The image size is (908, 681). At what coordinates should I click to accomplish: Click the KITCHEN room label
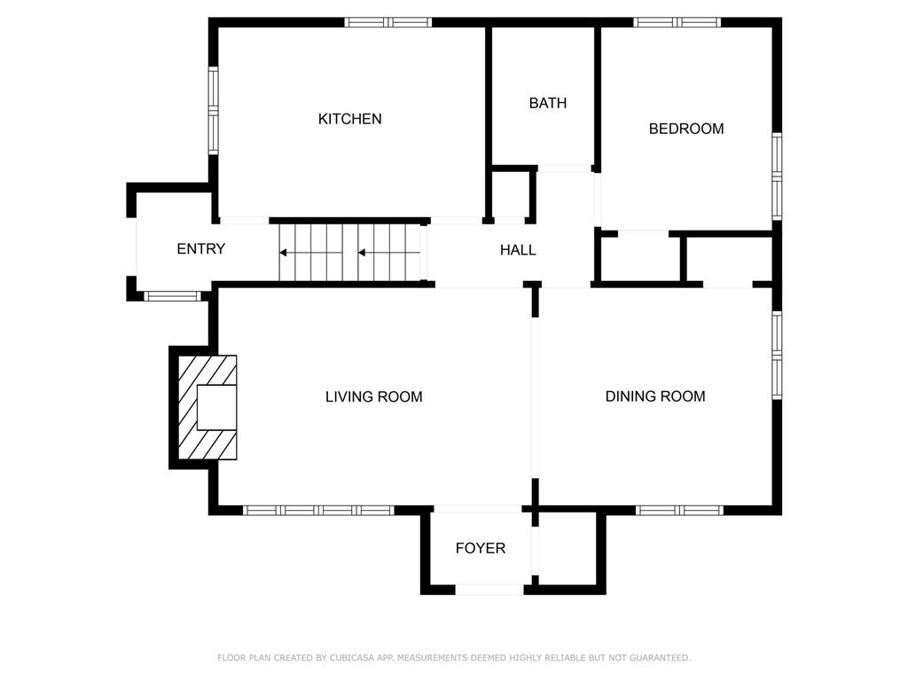click(x=349, y=119)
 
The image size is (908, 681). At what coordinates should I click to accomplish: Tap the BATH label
click(x=547, y=103)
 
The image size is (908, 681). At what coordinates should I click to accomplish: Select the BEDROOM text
click(x=685, y=129)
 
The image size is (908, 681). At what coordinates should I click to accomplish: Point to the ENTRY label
click(x=200, y=249)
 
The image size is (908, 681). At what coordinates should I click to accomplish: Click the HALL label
click(x=517, y=250)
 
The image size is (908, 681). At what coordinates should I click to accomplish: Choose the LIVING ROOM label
click(x=373, y=397)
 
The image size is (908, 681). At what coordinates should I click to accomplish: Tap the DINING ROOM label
click(x=654, y=396)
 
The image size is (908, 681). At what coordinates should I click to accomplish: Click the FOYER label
click(x=480, y=548)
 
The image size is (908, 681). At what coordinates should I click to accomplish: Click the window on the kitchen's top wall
click(x=387, y=22)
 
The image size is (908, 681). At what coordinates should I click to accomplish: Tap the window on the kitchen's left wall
click(x=214, y=111)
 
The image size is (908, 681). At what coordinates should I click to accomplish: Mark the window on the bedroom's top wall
click(x=677, y=22)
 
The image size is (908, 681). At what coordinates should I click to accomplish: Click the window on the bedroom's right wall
click(x=777, y=176)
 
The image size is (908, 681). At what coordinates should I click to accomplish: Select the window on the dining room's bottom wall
click(x=679, y=510)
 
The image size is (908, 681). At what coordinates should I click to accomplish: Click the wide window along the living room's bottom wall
click(x=317, y=510)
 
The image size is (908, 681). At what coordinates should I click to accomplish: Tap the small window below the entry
click(x=173, y=296)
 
